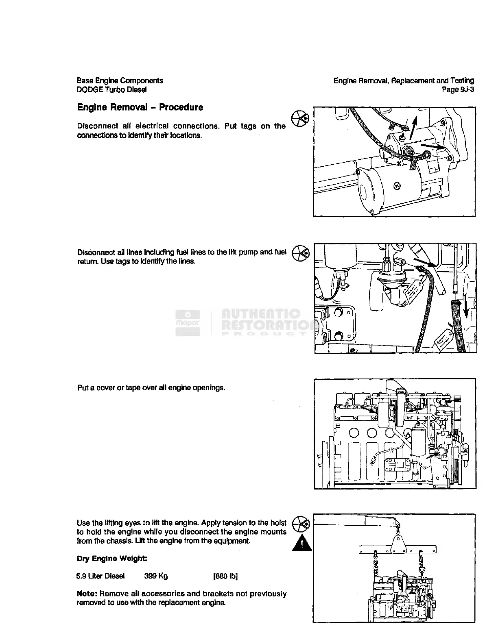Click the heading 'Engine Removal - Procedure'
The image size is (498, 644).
click(x=140, y=107)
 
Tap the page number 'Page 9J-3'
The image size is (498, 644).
click(x=458, y=90)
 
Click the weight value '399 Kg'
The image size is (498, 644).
click(x=156, y=576)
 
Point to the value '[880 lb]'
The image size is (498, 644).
click(x=225, y=576)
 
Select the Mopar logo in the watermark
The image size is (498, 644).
click(x=188, y=322)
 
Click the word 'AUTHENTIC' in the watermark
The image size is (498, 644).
click(x=260, y=314)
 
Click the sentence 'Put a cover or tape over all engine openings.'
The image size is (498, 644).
click(x=151, y=387)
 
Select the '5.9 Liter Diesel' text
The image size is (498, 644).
click(x=100, y=576)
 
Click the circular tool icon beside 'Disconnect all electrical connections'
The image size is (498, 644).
click(x=300, y=118)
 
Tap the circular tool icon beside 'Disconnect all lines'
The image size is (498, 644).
click(x=301, y=252)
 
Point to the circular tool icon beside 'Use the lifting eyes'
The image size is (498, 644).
click(x=301, y=523)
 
